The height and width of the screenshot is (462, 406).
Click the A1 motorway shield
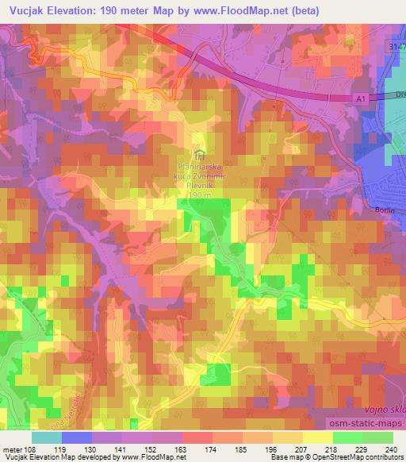pyautogui.click(x=360, y=98)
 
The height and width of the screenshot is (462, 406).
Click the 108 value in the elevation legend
pyautogui.click(x=32, y=449)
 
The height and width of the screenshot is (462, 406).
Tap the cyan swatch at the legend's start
pyautogui.click(x=46, y=437)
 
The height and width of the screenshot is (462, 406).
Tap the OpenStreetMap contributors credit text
pyautogui.click(x=364, y=458)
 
